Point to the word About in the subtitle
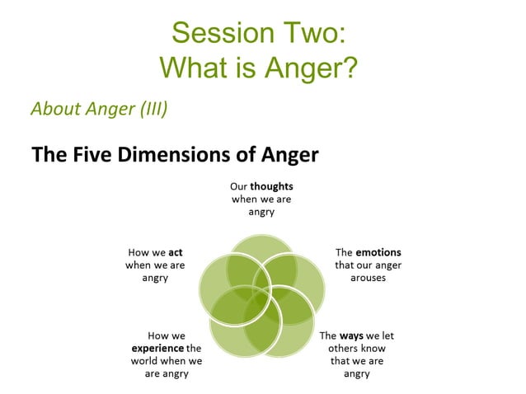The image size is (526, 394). click(53, 109)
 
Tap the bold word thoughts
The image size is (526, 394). click(272, 186)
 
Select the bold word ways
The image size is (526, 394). click(352, 335)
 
